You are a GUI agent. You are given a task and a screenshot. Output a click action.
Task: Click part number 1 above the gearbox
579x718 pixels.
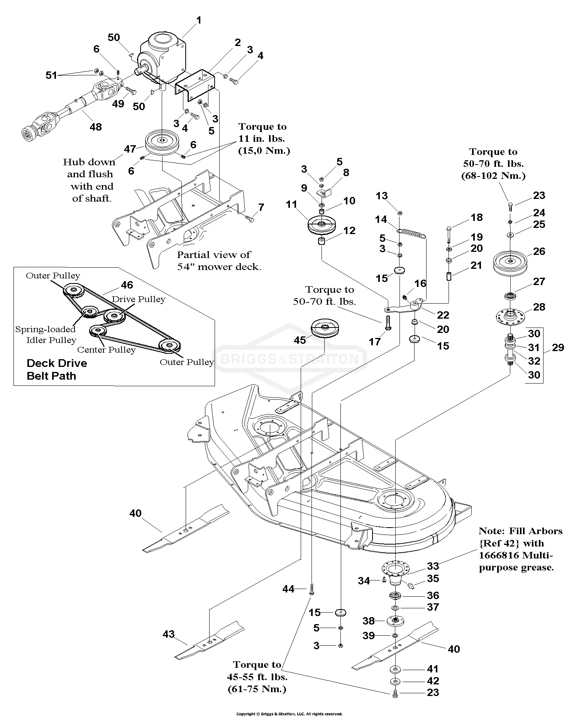point(199,20)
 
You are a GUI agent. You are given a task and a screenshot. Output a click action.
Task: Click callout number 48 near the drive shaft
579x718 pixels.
point(96,127)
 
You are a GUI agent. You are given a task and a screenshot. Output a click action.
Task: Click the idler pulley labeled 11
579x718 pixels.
point(322,225)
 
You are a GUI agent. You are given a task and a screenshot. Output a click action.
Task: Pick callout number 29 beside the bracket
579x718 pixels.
point(558,348)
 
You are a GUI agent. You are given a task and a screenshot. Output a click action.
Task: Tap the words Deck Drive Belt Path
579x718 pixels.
point(57,370)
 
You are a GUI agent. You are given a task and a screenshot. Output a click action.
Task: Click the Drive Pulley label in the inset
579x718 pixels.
point(139,299)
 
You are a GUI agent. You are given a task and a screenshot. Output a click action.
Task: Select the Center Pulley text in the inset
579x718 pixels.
point(106,350)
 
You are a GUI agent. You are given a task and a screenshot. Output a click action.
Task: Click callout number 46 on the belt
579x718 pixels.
point(127,285)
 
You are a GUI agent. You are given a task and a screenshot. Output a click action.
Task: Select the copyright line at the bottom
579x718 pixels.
point(289,714)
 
